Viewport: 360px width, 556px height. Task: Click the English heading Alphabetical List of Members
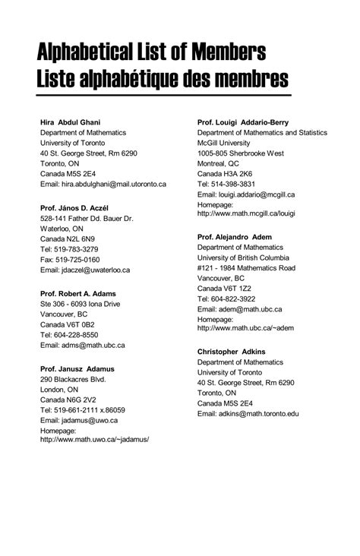click(x=152, y=53)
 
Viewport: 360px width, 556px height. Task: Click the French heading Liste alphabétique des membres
click(x=163, y=79)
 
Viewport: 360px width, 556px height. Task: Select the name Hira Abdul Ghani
click(x=71, y=122)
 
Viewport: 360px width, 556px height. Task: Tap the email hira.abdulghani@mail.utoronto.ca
click(x=103, y=184)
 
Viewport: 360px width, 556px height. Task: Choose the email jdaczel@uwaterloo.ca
click(x=85, y=270)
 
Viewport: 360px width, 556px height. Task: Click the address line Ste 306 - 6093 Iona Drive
click(x=80, y=304)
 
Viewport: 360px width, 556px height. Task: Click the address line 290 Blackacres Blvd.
click(x=73, y=379)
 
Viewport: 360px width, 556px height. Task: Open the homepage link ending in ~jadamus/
click(x=94, y=440)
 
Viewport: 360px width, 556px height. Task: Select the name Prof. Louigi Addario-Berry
click(x=243, y=122)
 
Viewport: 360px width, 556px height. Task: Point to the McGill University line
click(x=224, y=143)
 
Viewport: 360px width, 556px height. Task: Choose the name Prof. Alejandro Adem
click(x=235, y=237)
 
